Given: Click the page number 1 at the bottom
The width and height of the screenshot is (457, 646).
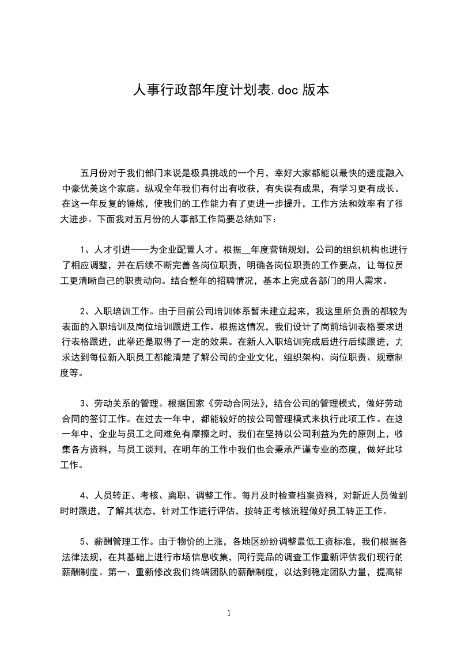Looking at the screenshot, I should tap(229, 614).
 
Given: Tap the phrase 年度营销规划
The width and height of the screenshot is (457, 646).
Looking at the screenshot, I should tap(277, 250).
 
